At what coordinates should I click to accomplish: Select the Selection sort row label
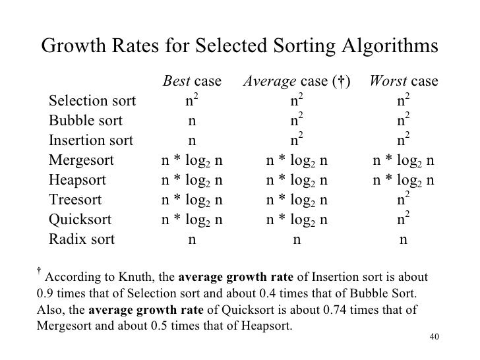click(x=92, y=102)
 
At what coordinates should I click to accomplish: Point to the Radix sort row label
click(x=81, y=239)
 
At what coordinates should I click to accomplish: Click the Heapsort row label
click(x=76, y=180)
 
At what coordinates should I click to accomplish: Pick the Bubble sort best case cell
click(x=192, y=121)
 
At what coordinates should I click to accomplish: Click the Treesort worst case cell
click(x=404, y=198)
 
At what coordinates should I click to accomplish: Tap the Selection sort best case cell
click(x=192, y=101)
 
